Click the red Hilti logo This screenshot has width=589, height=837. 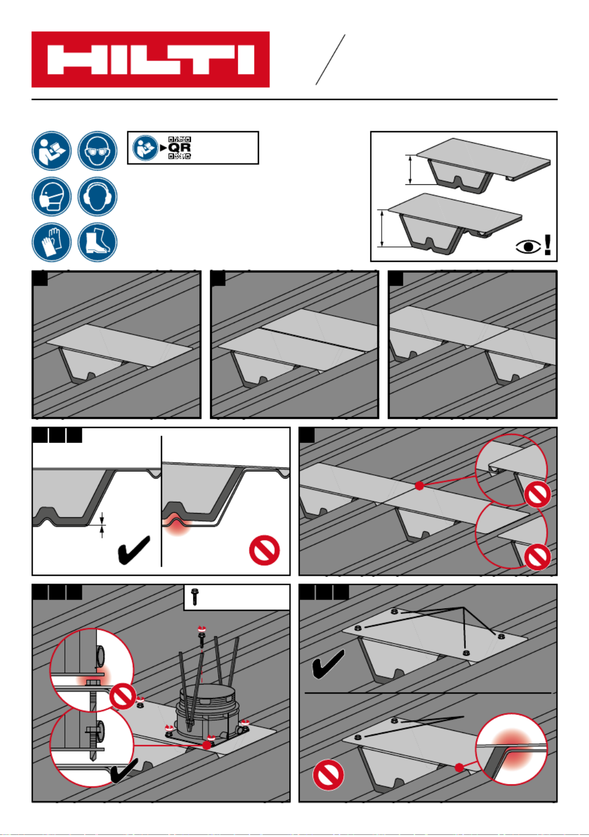tap(150, 59)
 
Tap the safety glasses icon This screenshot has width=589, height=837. tap(97, 151)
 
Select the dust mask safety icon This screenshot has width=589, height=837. tap(51, 197)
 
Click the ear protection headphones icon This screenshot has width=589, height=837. tap(97, 197)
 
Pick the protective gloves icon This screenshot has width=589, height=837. tap(51, 242)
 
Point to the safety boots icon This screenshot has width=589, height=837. tap(97, 242)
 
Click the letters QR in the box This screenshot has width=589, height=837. tap(180, 148)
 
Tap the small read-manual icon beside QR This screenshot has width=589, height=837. tap(145, 148)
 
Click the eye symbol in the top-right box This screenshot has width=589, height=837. tap(528, 246)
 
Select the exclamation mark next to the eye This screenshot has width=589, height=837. tap(547, 245)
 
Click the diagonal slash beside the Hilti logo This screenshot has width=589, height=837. tap(330, 59)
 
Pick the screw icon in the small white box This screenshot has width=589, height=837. tap(195, 597)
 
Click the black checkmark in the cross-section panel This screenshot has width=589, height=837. tap(133, 550)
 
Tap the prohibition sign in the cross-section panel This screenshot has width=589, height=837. tap(264, 550)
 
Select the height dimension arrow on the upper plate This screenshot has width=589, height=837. tap(410, 169)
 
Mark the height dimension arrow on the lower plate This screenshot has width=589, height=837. tap(381, 228)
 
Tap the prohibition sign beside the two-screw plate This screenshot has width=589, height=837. tap(328, 774)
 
